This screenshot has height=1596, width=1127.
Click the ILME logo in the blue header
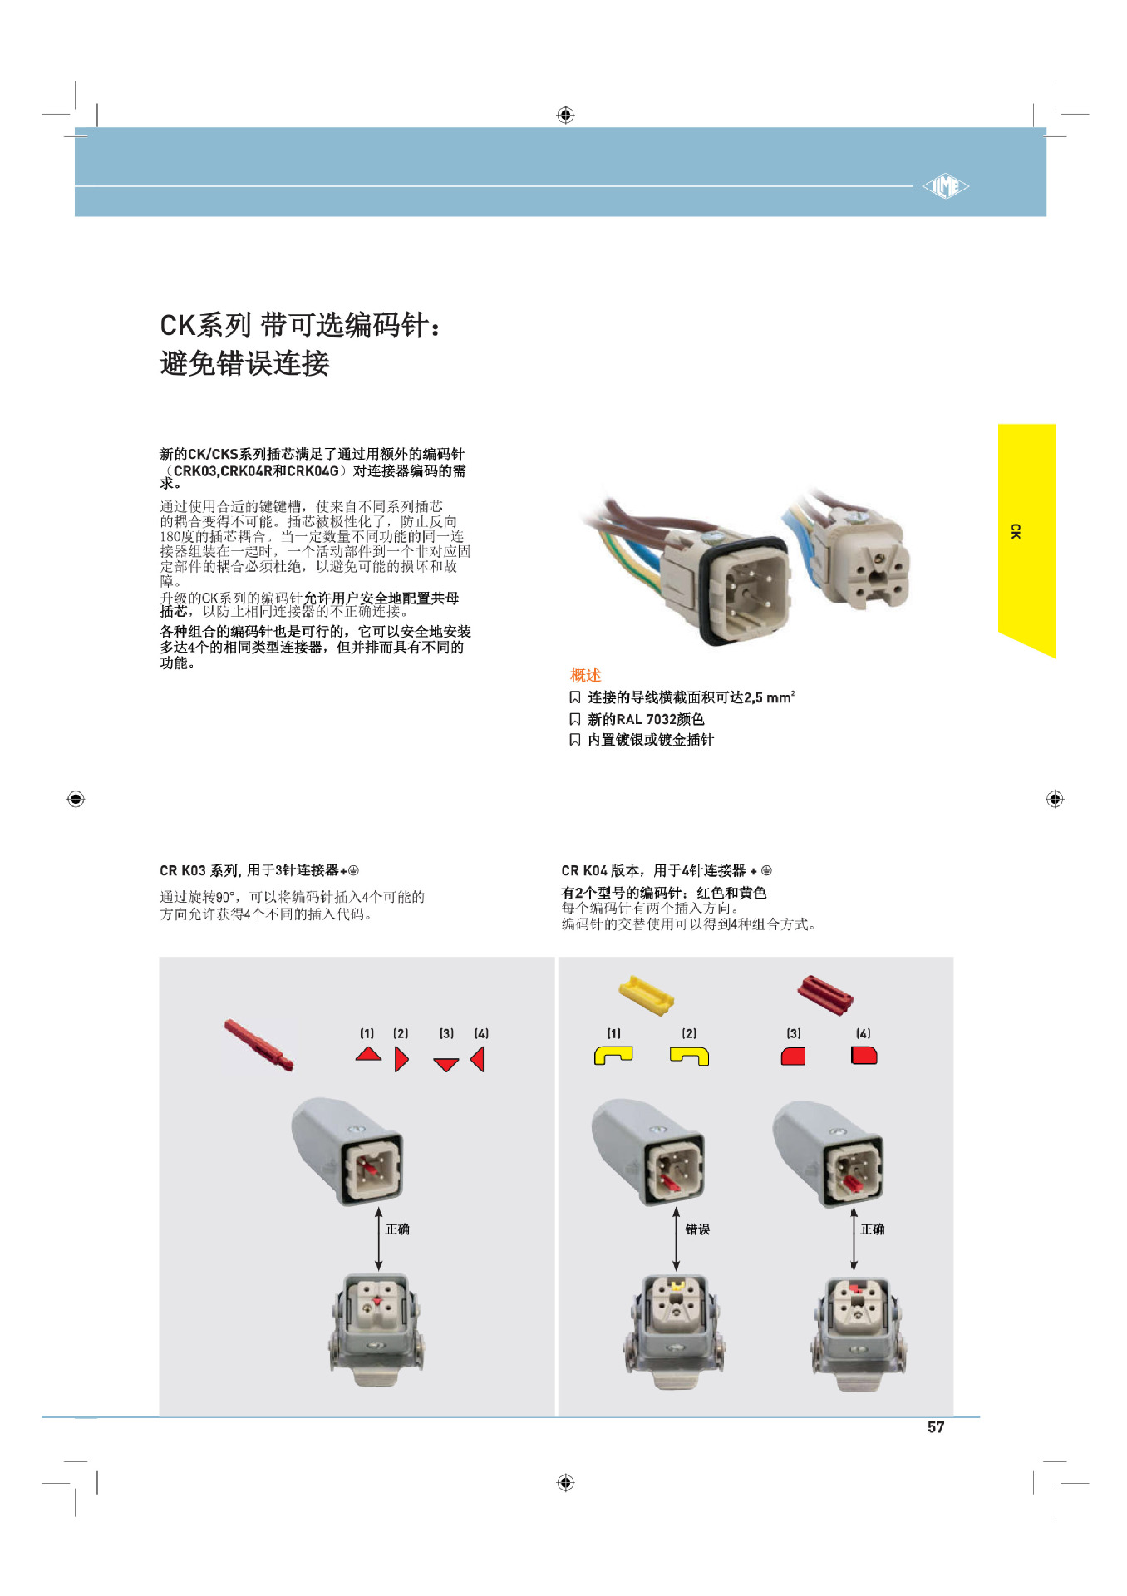[x=946, y=186]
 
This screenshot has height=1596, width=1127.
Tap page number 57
[x=936, y=1427]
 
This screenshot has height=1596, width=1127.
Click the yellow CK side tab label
[x=1016, y=531]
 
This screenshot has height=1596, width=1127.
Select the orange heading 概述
[x=585, y=675]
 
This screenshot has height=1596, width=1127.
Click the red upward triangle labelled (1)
[x=368, y=1055]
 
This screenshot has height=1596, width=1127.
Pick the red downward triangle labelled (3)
[x=446, y=1064]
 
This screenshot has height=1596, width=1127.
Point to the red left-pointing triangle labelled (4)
[x=478, y=1059]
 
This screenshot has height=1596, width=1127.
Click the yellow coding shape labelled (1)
[x=613, y=1055]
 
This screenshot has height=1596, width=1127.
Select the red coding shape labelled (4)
[x=864, y=1056]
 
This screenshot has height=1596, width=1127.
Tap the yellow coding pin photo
[x=646, y=994]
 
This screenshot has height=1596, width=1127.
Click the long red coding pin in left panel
[x=258, y=1045]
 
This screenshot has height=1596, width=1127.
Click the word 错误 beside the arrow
[x=697, y=1229]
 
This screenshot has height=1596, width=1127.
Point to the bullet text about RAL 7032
[x=646, y=719]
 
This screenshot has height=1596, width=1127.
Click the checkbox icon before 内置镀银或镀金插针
[x=574, y=740]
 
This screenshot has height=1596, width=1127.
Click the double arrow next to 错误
[x=677, y=1239]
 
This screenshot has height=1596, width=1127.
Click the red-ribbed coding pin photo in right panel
[x=824, y=994]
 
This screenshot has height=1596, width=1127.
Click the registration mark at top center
[x=565, y=115]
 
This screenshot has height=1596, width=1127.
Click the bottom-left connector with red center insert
[x=377, y=1328]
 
